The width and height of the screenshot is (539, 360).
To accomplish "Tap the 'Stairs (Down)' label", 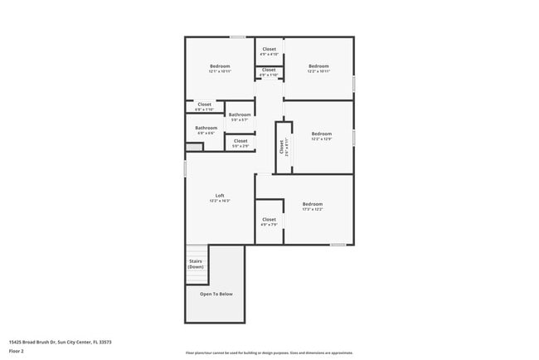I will pos(196,265).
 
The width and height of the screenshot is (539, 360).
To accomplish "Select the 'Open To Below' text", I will pos(216,294).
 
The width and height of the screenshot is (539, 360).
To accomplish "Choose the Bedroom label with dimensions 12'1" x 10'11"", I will pos(220,68).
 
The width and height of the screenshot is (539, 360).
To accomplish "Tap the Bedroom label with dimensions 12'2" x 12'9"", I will pos(321,136).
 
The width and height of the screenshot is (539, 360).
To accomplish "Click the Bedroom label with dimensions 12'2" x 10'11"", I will pos(319,68).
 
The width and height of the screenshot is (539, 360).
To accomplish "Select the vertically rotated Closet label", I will pos(283,147).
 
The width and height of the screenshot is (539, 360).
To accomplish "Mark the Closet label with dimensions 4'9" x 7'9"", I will pos(269,221).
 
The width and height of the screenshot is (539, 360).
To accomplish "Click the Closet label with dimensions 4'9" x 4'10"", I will pos(269,51).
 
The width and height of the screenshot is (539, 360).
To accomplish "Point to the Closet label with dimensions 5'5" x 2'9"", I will pos(240,143).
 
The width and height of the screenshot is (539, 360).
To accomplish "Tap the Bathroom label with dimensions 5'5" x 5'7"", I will pos(240,117).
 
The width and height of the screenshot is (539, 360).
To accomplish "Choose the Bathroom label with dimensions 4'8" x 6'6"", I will pos(206,130).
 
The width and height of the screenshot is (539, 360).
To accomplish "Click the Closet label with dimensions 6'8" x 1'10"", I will pos(204,106).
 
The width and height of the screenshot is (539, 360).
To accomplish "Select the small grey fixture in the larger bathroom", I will pos(193,148).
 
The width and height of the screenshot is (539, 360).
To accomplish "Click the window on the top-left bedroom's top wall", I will pos(237,36).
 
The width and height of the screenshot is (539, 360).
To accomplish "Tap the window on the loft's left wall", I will pos(184,168).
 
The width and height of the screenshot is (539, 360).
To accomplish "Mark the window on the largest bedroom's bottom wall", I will pos(337,245).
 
